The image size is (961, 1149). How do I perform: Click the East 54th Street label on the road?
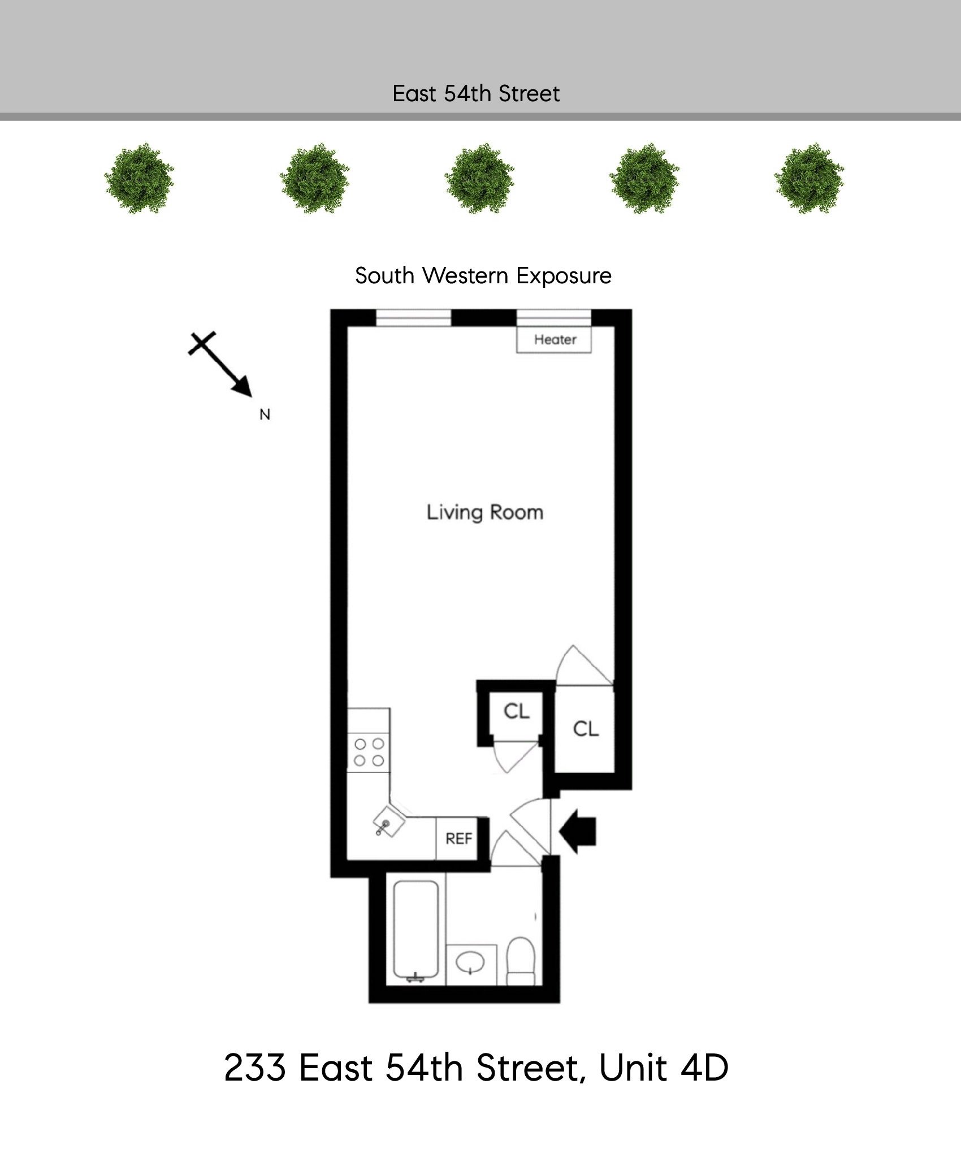tap(476, 94)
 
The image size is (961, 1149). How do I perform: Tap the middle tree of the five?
tap(479, 178)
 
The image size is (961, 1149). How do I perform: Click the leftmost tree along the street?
tap(140, 178)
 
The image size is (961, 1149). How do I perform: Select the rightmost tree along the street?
tap(809, 178)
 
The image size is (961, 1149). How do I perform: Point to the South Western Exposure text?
tap(483, 276)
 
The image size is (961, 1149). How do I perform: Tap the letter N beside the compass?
tap(265, 414)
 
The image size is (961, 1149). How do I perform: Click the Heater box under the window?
tap(554, 340)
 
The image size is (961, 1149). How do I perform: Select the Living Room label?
tap(484, 512)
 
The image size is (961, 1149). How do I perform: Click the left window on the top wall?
tap(414, 318)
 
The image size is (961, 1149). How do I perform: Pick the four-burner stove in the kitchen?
tap(369, 752)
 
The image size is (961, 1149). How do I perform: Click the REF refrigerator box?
tap(458, 839)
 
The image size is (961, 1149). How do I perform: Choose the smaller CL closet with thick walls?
tap(517, 711)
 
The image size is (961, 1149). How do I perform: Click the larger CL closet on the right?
tap(585, 729)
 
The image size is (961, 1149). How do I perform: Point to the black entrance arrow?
tap(578, 831)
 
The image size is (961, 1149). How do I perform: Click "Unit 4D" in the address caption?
tap(663, 1068)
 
